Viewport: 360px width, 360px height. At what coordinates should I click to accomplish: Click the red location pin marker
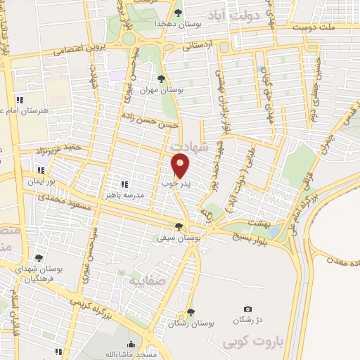click(x=181, y=164)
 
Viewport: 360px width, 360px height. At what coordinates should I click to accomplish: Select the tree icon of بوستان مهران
click(x=162, y=79)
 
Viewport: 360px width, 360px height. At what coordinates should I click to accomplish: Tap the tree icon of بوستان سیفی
click(x=179, y=226)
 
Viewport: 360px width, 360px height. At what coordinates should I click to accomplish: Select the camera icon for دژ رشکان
click(x=247, y=309)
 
